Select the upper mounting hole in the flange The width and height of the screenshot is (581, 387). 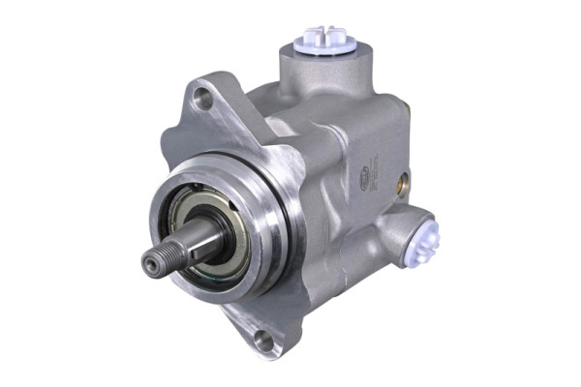tap(202, 97)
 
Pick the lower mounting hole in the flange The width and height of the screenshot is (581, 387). tap(262, 340)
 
